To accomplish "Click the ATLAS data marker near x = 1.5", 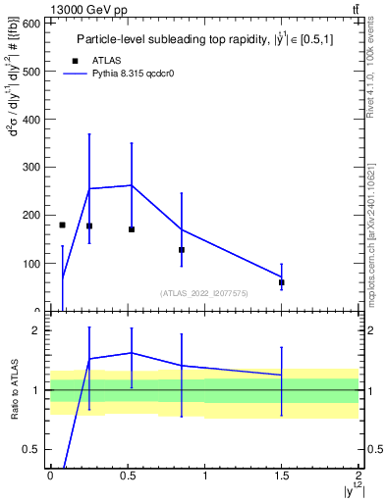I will [x=282, y=282].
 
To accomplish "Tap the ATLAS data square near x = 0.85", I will [x=182, y=250].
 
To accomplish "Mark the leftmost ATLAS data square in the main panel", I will [x=62, y=225].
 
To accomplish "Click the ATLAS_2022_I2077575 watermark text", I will [x=203, y=292].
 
